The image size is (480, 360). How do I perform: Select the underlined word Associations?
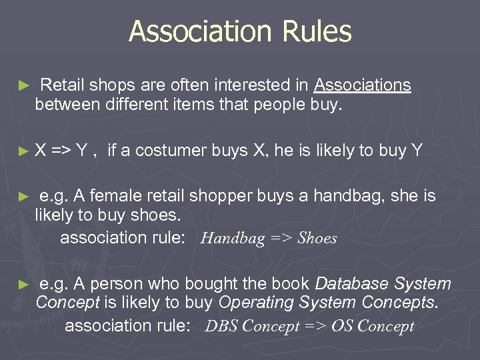pyautogui.click(x=363, y=85)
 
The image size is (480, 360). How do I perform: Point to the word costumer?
pyautogui.click(x=174, y=151)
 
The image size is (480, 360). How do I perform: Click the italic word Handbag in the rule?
pyautogui.click(x=233, y=238)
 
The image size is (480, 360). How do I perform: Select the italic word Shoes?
pyautogui.click(x=317, y=238)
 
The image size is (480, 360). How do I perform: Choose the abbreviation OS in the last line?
pyautogui.click(x=342, y=327)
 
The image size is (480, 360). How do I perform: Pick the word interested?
pyautogui.click(x=261, y=85)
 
